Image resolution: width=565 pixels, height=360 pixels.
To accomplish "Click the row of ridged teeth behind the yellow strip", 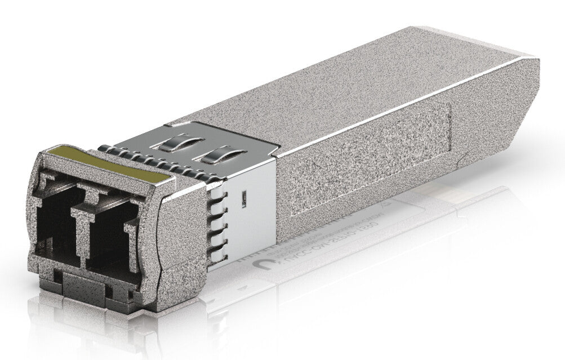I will pos(146,161).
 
